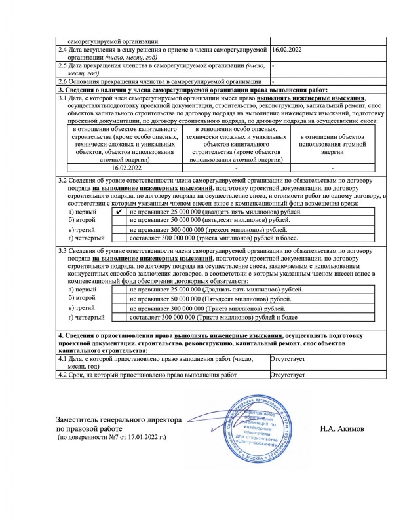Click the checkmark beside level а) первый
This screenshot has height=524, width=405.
pos(118,212)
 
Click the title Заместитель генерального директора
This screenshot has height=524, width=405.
pos(119,419)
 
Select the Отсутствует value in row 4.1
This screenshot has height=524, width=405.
pos(288,360)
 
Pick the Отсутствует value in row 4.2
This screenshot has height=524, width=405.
pos(288,375)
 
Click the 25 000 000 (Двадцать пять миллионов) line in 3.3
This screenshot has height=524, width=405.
pos(216,289)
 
